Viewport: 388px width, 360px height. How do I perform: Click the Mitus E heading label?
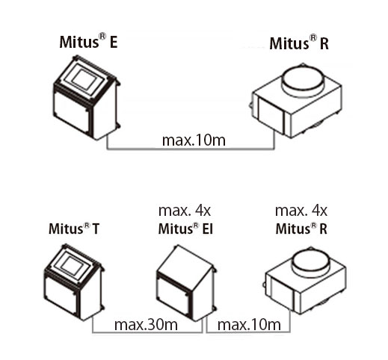point(88,41)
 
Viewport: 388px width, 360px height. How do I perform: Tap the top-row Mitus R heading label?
point(299,43)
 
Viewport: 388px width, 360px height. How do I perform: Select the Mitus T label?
point(74,229)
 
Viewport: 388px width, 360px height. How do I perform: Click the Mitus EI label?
point(185,229)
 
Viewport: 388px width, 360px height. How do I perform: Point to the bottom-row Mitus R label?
point(301,229)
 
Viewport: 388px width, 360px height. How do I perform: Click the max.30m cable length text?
point(146,325)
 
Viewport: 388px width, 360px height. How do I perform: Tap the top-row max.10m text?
point(194,140)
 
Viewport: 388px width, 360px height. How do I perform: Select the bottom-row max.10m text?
point(249,325)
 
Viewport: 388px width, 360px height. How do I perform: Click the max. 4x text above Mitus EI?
point(185,211)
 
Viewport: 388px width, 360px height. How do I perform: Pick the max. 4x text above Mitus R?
point(301,211)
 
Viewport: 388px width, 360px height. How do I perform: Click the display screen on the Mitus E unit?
point(84,79)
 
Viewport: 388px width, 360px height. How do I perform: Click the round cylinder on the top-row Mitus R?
point(302,80)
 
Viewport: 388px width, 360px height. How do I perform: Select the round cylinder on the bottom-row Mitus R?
point(311,263)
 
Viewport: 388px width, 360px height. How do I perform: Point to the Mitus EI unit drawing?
point(186,283)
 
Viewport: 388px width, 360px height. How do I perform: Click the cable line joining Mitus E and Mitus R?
point(191,149)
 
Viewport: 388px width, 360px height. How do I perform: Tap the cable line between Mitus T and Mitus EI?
point(147,332)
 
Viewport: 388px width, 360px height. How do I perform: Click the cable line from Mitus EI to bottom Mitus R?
point(248,332)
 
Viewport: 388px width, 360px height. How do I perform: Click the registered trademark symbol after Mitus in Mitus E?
point(102,37)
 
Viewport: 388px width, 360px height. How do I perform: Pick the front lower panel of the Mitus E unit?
point(71,111)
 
